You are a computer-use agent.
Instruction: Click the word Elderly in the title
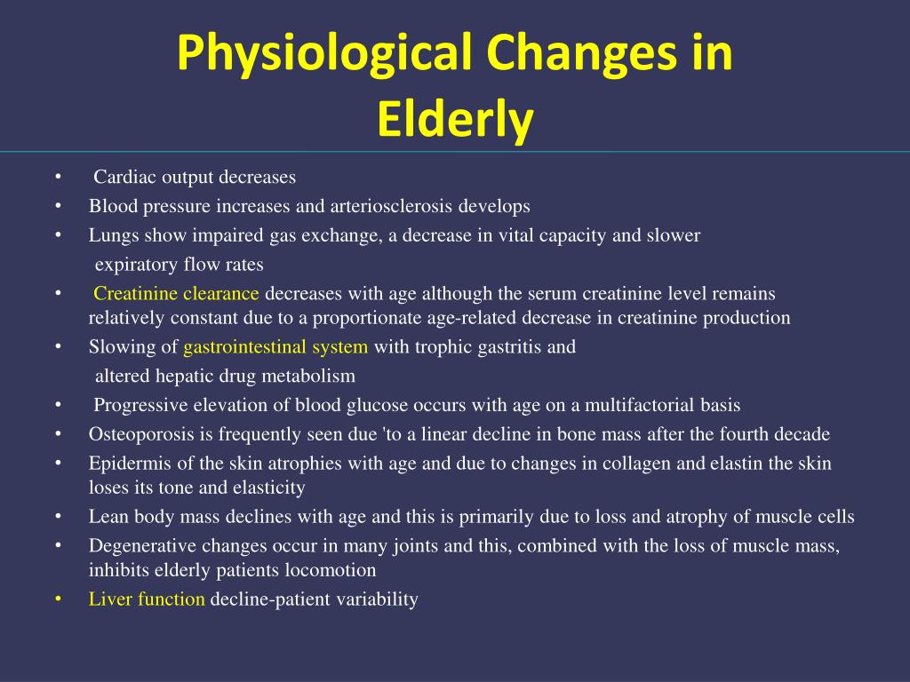[454, 120]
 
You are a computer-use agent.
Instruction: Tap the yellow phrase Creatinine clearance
[177, 294]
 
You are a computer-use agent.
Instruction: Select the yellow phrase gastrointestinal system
[275, 347]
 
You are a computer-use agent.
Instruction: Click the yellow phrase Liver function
[147, 599]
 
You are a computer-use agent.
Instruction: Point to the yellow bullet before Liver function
[57, 599]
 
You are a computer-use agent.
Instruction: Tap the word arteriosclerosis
[391, 206]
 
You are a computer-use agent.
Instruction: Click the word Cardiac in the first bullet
[124, 178]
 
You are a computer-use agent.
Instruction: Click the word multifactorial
[635, 406]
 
